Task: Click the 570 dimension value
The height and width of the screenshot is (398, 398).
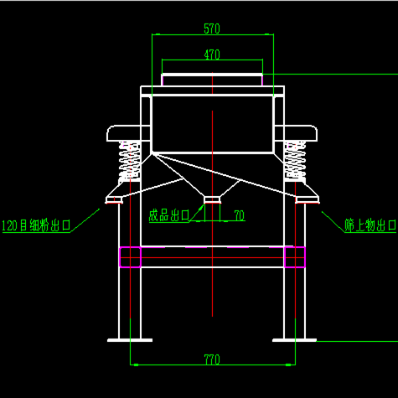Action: pos(212,28)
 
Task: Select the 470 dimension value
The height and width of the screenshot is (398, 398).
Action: pos(212,54)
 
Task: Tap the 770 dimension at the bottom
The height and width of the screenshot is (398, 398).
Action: pos(212,359)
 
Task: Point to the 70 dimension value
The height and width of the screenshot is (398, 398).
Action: pos(240,215)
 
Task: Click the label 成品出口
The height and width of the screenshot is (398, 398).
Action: pos(169,215)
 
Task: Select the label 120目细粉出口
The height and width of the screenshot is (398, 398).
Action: pos(36,225)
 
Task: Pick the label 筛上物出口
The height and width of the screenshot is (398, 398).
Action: pos(370,225)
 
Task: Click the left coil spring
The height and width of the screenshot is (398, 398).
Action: pos(129,161)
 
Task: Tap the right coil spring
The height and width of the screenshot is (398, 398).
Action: pos(295,161)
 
